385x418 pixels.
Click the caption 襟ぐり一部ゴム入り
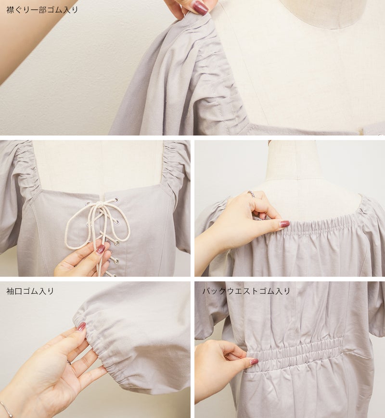pyautogui.click(x=42, y=10)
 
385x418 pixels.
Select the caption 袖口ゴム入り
pyautogui.click(x=30, y=291)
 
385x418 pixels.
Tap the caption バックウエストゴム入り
pyautogui.click(x=246, y=291)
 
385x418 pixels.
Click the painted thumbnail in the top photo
pyautogui.click(x=200, y=8)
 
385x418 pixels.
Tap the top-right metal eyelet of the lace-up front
pyautogui.click(x=116, y=200)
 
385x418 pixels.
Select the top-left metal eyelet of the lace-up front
pyautogui.click(x=88, y=204)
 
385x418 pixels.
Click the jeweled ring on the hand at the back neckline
pyautogui.click(x=250, y=194)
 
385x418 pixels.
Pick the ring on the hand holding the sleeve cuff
pyautogui.click(x=69, y=362)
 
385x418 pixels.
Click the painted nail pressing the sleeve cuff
pyautogui.click(x=81, y=326)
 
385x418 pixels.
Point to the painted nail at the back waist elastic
pyautogui.click(x=254, y=362)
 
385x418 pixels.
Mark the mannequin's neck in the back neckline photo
pyautogui.click(x=293, y=160)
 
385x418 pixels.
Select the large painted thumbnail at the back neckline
pyautogui.click(x=284, y=224)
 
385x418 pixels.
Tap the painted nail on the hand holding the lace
pyautogui.click(x=100, y=249)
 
